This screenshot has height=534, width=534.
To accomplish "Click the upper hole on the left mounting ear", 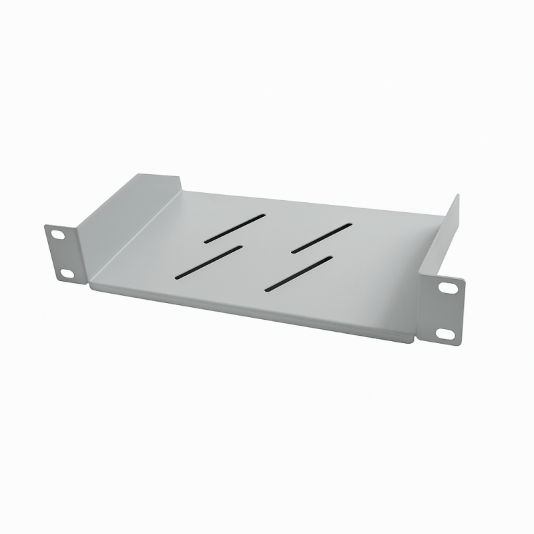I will point(57,234).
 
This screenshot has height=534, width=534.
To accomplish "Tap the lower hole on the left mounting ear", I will point(66,272).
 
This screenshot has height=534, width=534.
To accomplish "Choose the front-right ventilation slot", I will point(298,272).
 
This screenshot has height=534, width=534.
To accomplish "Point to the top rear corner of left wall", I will point(181,178).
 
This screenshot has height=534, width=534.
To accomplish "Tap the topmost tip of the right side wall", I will point(459,195).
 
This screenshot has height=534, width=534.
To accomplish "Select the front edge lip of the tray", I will point(254,314).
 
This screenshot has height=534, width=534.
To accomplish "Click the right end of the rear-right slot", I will point(349,226).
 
